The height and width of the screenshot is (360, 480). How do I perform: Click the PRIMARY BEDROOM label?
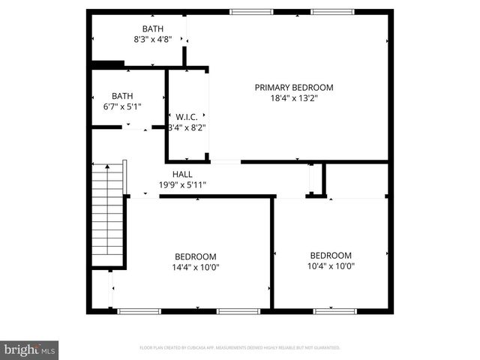click(293, 88)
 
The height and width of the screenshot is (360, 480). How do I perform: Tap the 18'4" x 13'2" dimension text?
click(293, 97)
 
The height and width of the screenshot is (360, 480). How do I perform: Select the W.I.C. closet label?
click(186, 117)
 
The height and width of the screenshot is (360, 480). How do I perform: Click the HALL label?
click(182, 174)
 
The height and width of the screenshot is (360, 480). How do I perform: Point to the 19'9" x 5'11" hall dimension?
click(182, 184)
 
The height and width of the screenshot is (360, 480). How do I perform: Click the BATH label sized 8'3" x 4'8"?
click(153, 29)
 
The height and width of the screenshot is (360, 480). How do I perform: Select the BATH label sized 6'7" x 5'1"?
click(121, 96)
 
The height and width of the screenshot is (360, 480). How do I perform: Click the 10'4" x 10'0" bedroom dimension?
click(331, 265)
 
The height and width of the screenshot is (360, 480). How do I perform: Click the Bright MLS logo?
click(30, 349)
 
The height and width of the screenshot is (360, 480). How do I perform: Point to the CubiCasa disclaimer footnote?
click(240, 348)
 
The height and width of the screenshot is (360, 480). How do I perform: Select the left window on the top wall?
click(251, 11)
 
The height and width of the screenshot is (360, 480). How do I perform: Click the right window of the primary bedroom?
click(331, 11)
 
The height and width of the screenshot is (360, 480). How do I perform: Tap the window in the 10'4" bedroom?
click(334, 310)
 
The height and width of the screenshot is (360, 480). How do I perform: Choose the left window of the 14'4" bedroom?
click(139, 310)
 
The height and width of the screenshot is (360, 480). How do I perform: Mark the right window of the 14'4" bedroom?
click(238, 310)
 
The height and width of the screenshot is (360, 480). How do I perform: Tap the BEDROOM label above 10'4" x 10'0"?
click(331, 255)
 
